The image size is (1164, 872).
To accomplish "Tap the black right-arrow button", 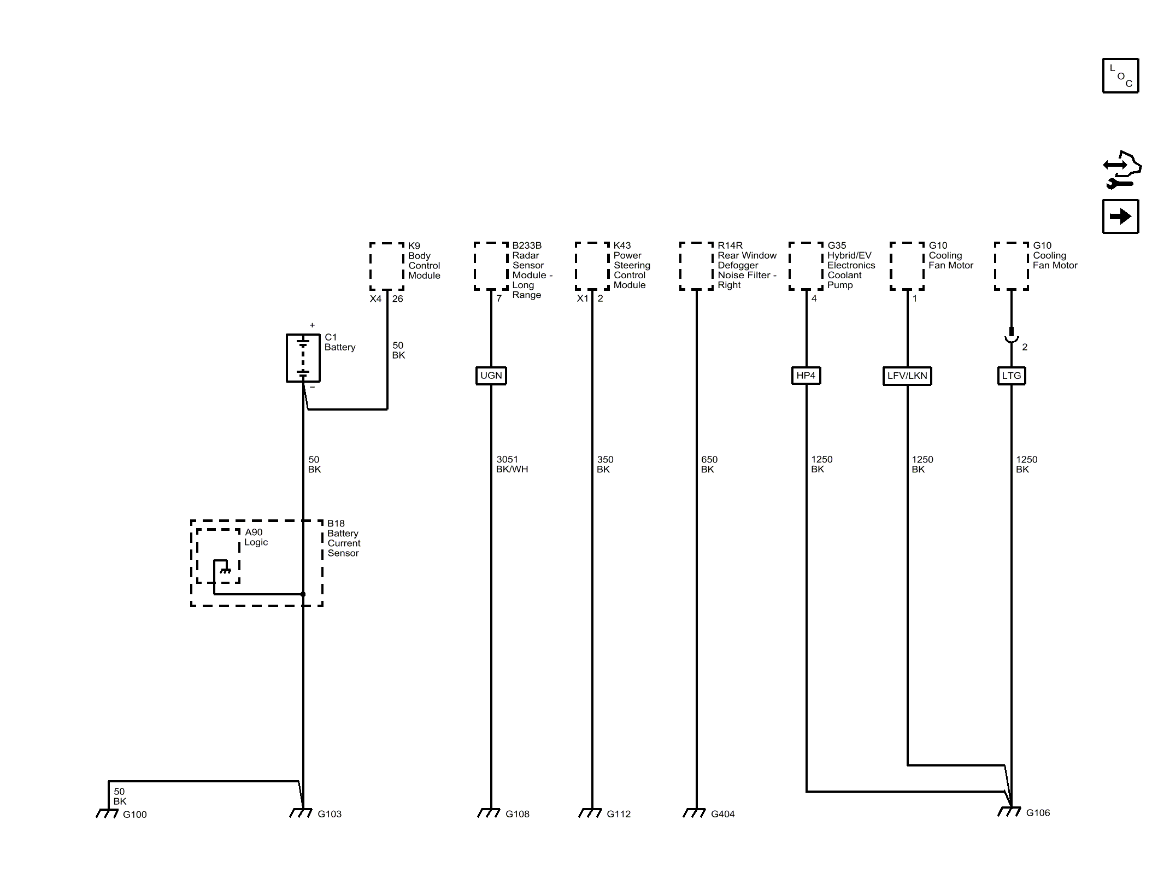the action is tap(1120, 216).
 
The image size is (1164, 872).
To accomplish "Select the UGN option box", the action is tap(491, 376).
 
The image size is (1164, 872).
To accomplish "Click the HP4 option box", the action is tap(806, 376).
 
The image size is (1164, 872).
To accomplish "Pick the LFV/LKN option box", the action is tap(907, 376).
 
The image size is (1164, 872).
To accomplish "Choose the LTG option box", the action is tap(1012, 376).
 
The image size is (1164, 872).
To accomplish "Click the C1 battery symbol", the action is tap(303, 358).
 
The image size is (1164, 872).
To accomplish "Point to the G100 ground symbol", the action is tap(107, 814).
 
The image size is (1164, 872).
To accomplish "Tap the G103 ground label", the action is tap(330, 814).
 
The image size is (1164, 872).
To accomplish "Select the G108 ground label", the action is tap(518, 814).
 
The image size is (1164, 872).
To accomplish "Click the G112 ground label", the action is tap(619, 814).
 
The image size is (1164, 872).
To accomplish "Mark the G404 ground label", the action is tap(723, 814).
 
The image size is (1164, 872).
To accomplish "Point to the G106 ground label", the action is tap(1038, 813).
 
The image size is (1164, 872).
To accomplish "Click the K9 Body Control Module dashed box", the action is tap(387, 266).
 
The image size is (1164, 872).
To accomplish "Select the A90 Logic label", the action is tap(256, 537).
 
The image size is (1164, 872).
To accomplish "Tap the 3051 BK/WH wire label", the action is tap(512, 464).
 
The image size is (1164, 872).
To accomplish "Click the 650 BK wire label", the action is tap(709, 464).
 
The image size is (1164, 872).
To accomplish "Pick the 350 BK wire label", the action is tap(605, 464).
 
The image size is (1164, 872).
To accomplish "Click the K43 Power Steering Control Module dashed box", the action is tap(592, 266).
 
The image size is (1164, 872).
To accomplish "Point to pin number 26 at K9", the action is tap(398, 299).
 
